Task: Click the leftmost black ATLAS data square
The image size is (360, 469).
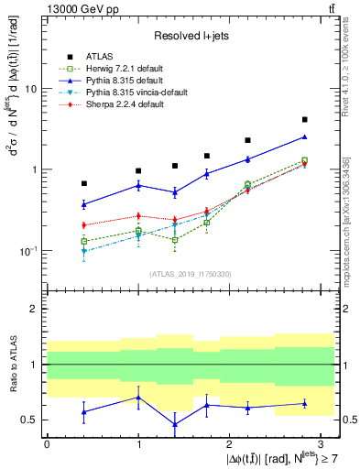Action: pos(84,183)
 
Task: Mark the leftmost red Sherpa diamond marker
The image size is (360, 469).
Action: pos(84,224)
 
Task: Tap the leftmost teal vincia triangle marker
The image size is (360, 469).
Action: pos(84,251)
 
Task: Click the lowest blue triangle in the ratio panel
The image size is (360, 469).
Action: pos(175,424)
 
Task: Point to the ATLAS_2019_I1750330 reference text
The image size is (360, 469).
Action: pos(190,273)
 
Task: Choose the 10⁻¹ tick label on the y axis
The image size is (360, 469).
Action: pos(27,250)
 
